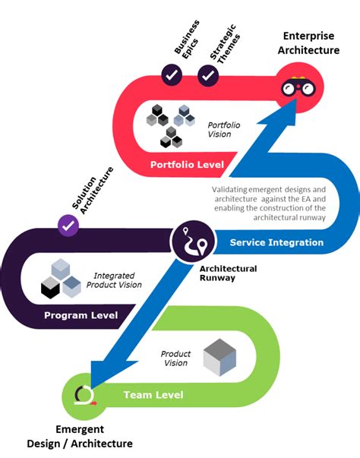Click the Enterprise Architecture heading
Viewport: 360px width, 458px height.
point(311,43)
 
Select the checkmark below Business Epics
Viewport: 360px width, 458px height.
point(172,74)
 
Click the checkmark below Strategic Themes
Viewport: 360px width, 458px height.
point(208,74)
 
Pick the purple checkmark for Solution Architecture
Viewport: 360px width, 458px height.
point(68,226)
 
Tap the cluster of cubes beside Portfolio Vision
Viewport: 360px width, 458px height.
point(169,122)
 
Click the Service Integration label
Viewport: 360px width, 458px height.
point(276,242)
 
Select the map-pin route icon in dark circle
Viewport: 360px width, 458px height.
point(191,244)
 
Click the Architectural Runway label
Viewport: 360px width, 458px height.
point(228,273)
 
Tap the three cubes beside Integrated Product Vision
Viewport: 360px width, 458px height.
point(60,278)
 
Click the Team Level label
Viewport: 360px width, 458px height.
point(153,395)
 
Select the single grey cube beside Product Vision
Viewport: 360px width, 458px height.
point(219,357)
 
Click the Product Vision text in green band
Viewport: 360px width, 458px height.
point(175,359)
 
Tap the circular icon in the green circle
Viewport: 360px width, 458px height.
point(84,395)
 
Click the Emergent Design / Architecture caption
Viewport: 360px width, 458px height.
point(80,437)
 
